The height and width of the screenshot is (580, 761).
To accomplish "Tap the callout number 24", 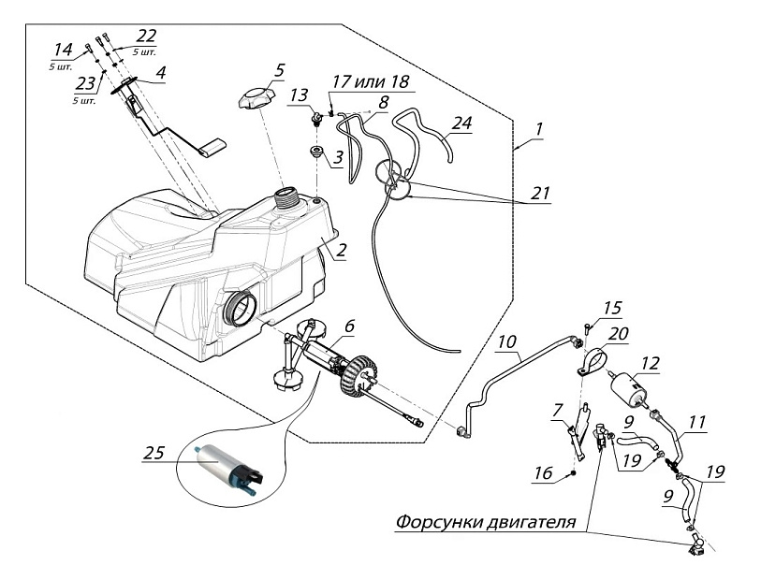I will [x=461, y=123].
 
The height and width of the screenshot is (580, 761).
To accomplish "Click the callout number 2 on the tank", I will [x=342, y=250].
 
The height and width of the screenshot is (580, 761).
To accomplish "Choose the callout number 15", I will [x=612, y=308].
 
